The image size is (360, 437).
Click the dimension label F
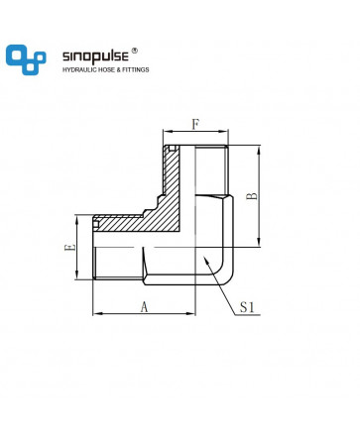pyautogui.click(x=195, y=125)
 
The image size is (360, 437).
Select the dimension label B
pyautogui.click(x=252, y=196)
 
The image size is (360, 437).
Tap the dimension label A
pyautogui.click(x=144, y=307)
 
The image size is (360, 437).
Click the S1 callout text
pyautogui.click(x=247, y=307)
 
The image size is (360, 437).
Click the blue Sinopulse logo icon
pyautogui.click(x=26, y=59)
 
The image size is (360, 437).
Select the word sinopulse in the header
pyautogui.click(x=95, y=56)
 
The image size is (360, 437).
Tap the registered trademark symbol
pyautogui.click(x=135, y=51)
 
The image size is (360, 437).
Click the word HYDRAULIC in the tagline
pyautogui.click(x=78, y=69)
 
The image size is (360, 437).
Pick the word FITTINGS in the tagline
pyautogui.click(x=136, y=69)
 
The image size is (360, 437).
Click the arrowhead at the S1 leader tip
pyautogui.click(x=206, y=261)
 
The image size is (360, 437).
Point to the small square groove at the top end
pyautogui.click(x=172, y=148)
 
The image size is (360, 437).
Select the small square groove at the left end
pyautogui.click(x=96, y=224)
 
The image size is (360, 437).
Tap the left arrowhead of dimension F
pyautogui.click(x=167, y=132)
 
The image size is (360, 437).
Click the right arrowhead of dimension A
pyautogui.click(x=191, y=313)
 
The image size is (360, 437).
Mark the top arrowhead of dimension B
pyautogui.click(x=259, y=150)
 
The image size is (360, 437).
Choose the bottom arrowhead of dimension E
pyautogui.click(x=76, y=275)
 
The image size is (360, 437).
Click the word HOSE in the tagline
pyautogui.click(x=105, y=69)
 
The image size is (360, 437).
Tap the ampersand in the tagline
pyautogui.click(x=118, y=69)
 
